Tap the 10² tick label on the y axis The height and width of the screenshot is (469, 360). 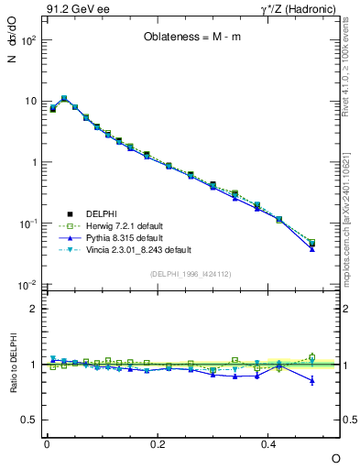(x=27, y=41)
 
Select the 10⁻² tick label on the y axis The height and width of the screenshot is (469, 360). (x=27, y=285)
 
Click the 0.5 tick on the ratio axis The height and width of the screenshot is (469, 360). (x=29, y=420)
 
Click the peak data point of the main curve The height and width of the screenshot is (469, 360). (x=64, y=98)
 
